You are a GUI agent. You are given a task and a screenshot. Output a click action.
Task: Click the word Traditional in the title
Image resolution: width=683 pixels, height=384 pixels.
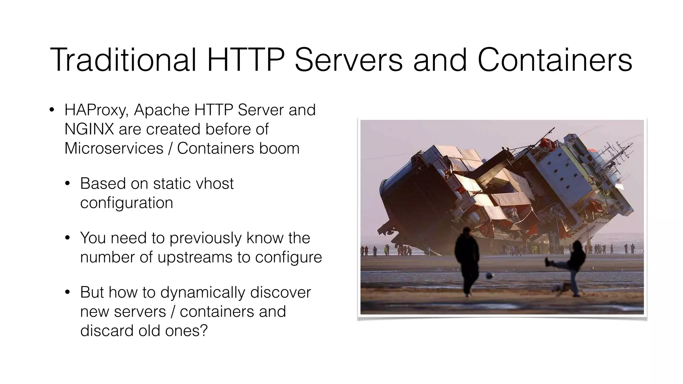(123, 60)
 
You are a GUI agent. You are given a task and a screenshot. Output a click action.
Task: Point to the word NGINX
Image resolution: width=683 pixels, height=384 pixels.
(89, 129)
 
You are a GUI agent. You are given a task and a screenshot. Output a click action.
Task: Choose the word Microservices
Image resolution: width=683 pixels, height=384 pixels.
(114, 148)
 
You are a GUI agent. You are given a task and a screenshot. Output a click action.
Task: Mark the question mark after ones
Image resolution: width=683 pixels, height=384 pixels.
(204, 331)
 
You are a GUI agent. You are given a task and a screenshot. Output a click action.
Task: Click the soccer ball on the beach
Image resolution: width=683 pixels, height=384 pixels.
(490, 276)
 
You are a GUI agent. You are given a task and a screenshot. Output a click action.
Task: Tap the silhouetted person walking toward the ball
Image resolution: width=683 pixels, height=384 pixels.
(468, 260)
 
